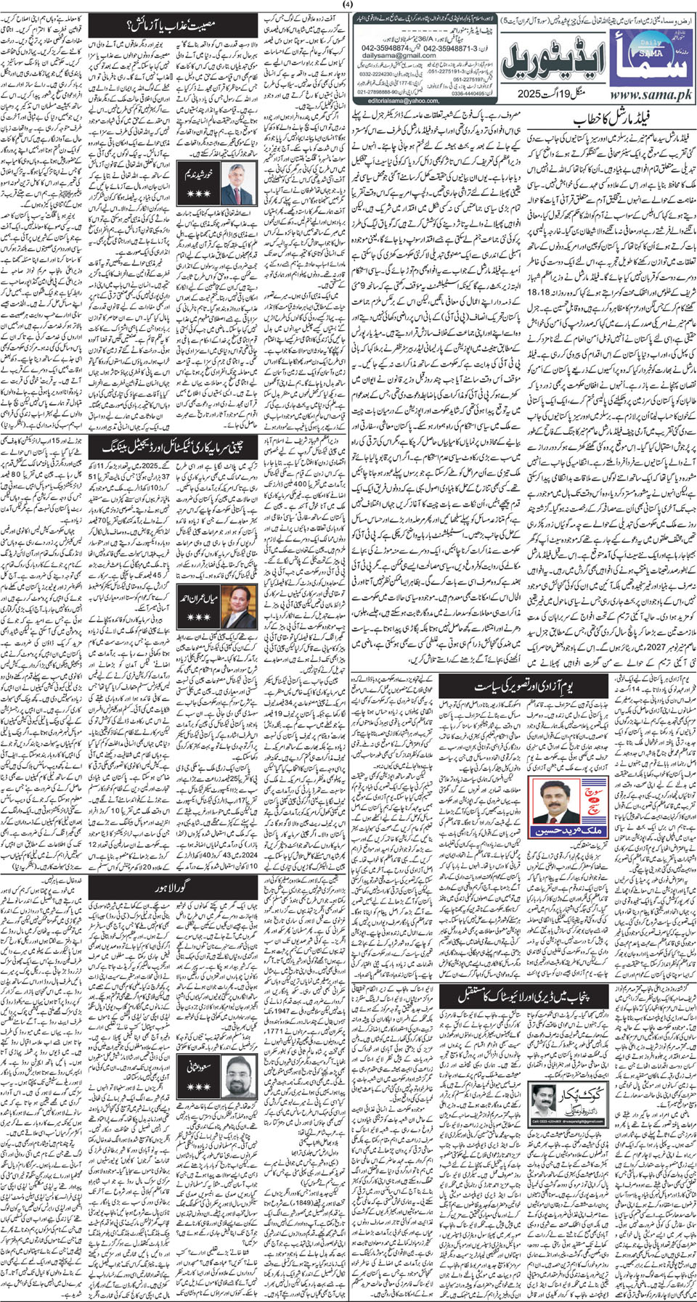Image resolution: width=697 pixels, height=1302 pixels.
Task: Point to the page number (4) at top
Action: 348,7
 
